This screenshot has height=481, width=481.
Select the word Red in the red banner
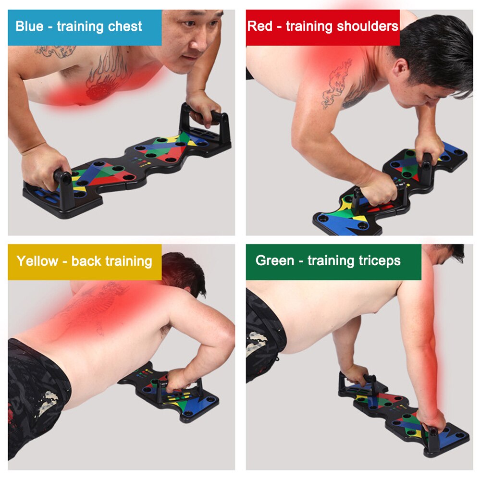(x=259, y=26)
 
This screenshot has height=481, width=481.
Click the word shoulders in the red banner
(x=366, y=26)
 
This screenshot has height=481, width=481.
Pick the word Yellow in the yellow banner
(x=37, y=261)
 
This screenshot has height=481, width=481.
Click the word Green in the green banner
(x=274, y=260)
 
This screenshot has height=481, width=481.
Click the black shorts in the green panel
(x=262, y=336)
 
